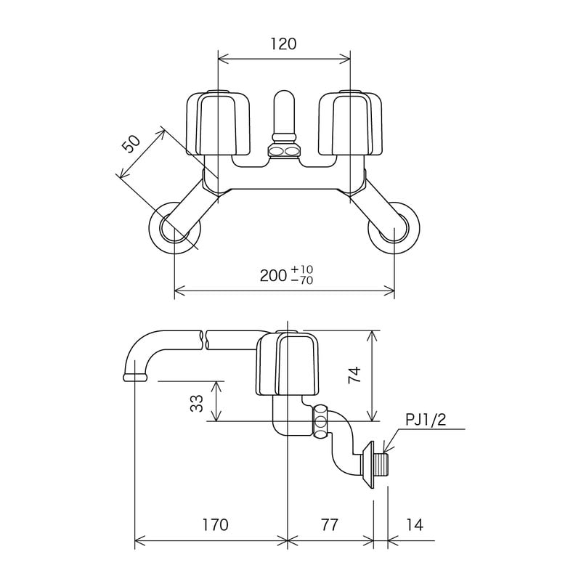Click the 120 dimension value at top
click(283, 44)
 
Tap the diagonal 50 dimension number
click(131, 144)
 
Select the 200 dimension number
click(273, 276)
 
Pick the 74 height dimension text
click(354, 375)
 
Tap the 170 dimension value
click(215, 524)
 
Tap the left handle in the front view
click(218, 123)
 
